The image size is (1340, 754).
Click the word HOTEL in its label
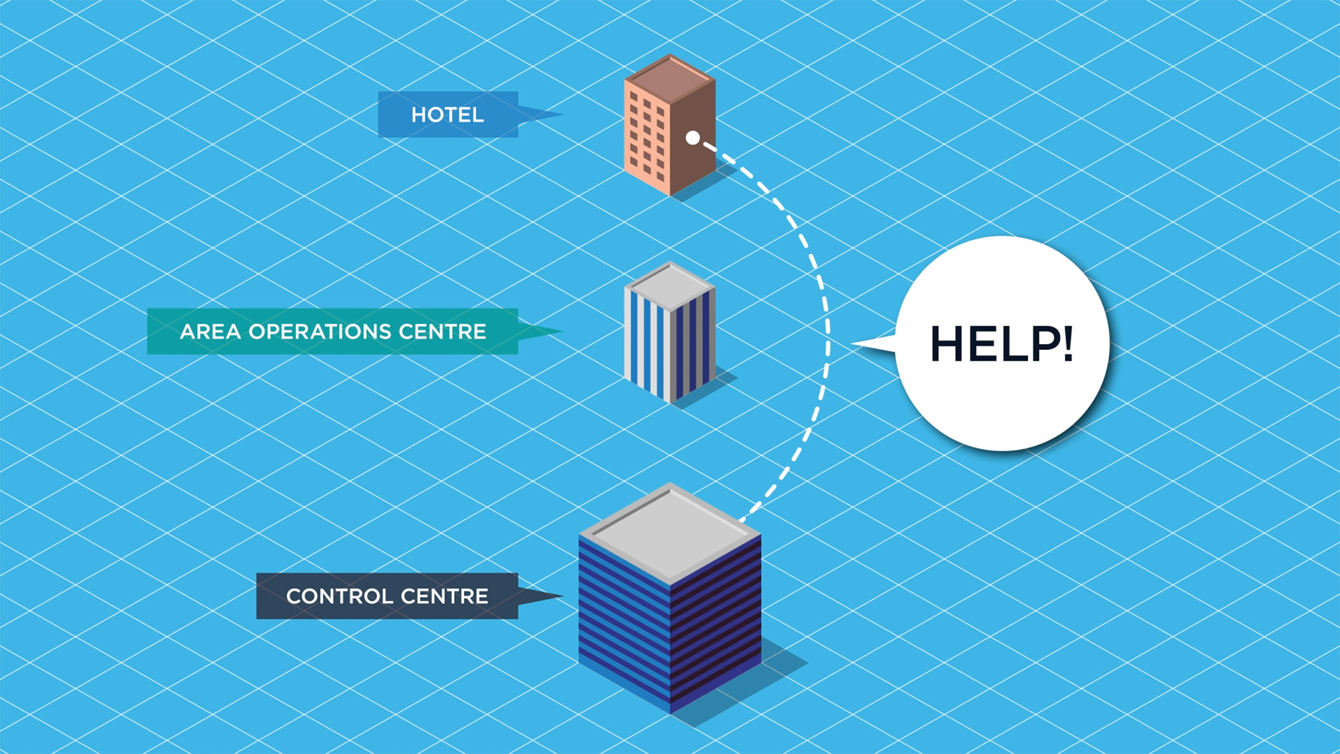click(447, 114)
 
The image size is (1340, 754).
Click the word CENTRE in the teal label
click(442, 332)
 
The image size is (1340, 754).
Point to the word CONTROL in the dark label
click(340, 596)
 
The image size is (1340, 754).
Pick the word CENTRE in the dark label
click(445, 596)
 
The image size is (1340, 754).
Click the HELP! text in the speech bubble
click(1002, 343)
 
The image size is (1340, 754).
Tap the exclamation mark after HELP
click(1068, 343)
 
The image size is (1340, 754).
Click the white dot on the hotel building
click(692, 138)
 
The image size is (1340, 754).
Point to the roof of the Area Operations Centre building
click(670, 285)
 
